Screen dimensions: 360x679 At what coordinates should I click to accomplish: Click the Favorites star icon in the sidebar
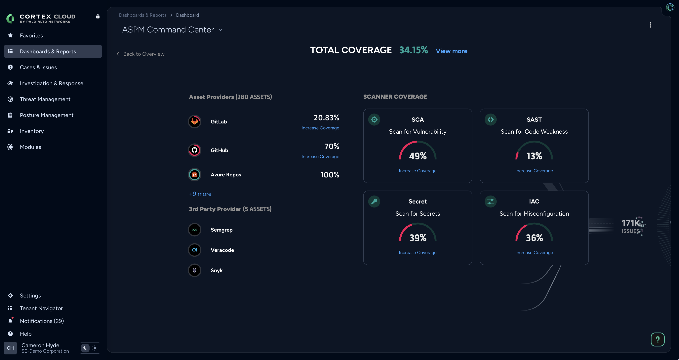pyautogui.click(x=10, y=35)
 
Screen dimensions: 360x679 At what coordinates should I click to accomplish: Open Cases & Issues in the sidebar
pyautogui.click(x=38, y=67)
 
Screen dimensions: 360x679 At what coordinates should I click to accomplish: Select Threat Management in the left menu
pyautogui.click(x=45, y=99)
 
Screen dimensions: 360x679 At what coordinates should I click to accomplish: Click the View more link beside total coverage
pyautogui.click(x=451, y=51)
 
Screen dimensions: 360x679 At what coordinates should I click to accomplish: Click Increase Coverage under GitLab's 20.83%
pyautogui.click(x=320, y=128)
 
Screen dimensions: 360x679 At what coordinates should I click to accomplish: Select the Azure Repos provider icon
pyautogui.click(x=195, y=175)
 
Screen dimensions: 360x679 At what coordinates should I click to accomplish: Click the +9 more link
pyautogui.click(x=200, y=194)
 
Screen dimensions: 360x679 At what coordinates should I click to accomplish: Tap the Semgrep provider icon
pyautogui.click(x=195, y=230)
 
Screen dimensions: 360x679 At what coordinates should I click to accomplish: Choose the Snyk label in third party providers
pyautogui.click(x=216, y=270)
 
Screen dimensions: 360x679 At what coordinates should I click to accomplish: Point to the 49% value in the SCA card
pyautogui.click(x=418, y=156)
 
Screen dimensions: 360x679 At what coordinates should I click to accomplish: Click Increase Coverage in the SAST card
pyautogui.click(x=534, y=171)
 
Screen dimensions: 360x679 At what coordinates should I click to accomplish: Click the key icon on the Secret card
pyautogui.click(x=374, y=202)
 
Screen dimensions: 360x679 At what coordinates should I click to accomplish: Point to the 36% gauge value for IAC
pyautogui.click(x=534, y=238)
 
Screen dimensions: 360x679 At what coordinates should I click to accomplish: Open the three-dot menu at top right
pyautogui.click(x=651, y=25)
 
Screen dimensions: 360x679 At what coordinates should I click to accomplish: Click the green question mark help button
pyautogui.click(x=657, y=339)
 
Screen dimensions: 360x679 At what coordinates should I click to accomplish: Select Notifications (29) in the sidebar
pyautogui.click(x=42, y=321)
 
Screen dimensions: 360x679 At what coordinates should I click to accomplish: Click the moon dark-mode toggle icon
pyautogui.click(x=85, y=348)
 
